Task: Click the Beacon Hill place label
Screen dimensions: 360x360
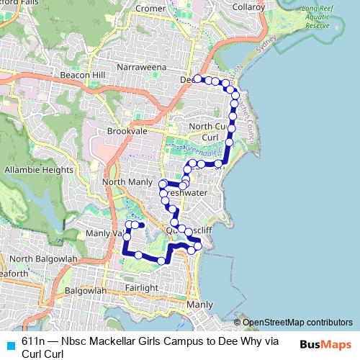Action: coord(83,75)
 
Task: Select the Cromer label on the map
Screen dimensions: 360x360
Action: coord(150,9)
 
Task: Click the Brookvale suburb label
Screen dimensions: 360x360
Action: coord(127,132)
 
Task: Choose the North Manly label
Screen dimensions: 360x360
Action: coord(127,182)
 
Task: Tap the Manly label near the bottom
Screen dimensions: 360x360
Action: coord(199,305)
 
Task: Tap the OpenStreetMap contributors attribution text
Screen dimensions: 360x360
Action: coord(297,322)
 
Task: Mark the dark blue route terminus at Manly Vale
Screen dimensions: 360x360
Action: coord(142,225)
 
